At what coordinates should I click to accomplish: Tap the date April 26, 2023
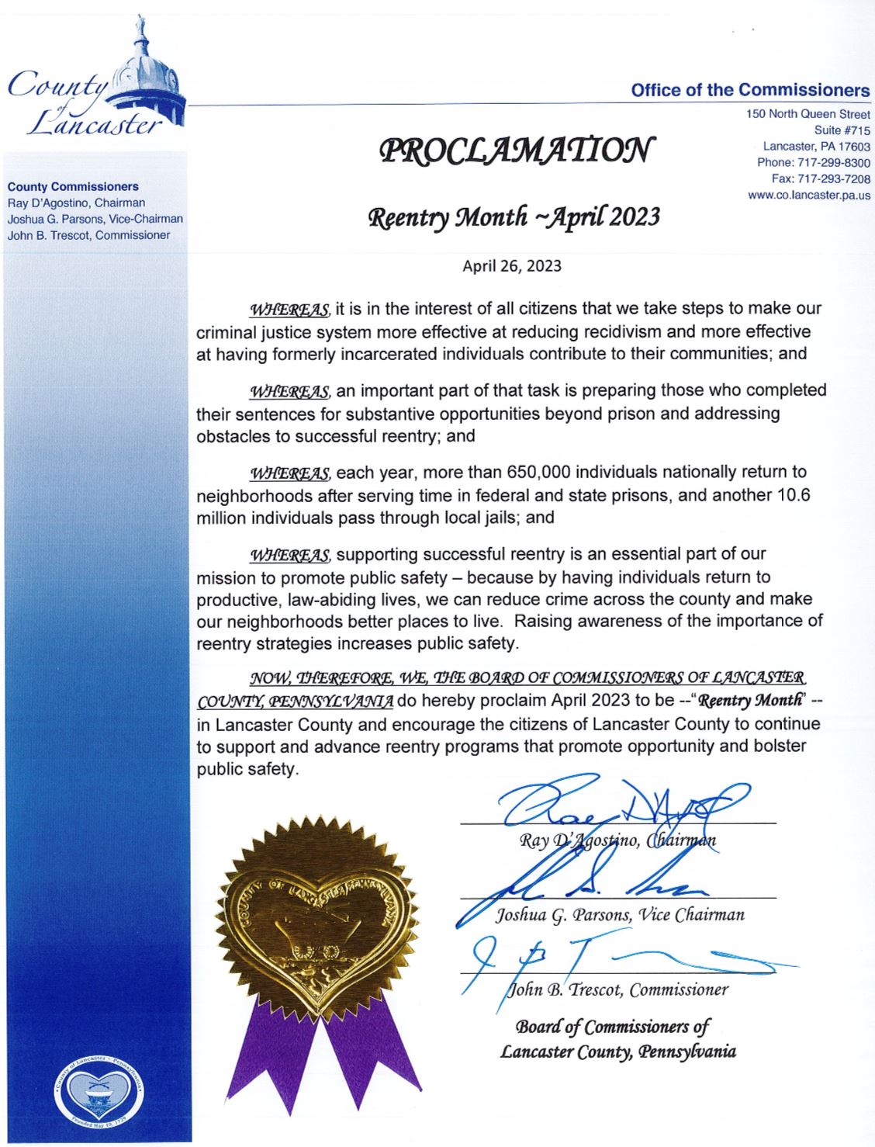pos(512,265)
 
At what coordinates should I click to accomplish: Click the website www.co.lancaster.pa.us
pos(809,196)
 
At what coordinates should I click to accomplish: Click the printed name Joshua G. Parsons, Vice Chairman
pos(620,915)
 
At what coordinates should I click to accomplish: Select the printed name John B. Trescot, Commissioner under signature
pos(618,989)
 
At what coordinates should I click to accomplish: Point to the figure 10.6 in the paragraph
pos(794,495)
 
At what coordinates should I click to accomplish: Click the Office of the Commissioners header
pos(750,90)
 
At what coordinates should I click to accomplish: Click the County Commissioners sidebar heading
pos(73,186)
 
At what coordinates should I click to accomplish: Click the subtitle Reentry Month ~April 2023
pos(514,217)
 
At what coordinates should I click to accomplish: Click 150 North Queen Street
pos(808,114)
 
